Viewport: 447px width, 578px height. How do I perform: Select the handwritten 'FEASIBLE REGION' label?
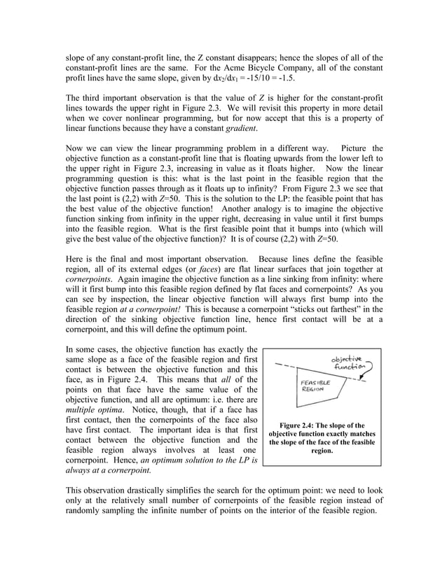click(311, 386)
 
